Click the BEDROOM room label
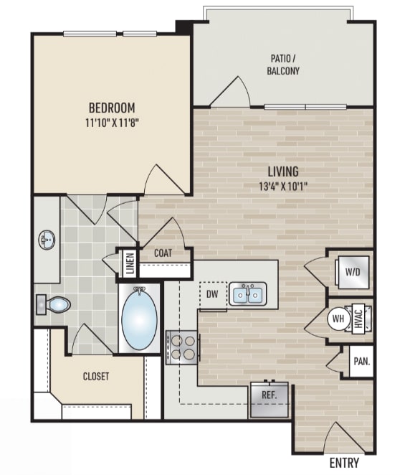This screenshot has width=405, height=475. click(x=112, y=108)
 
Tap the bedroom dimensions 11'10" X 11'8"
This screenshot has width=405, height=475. click(x=112, y=123)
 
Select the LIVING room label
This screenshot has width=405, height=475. click(x=283, y=171)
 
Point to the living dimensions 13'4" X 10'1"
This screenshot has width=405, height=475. click(x=283, y=187)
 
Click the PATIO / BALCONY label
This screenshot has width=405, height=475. click(x=283, y=65)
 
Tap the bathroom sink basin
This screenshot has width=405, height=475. click(x=47, y=240)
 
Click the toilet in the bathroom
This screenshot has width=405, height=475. click(x=54, y=305)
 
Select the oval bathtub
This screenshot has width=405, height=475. click(x=139, y=319)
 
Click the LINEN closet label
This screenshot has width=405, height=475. click(x=130, y=263)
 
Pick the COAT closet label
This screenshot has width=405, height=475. click(x=163, y=253)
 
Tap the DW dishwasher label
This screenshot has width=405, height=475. click(x=212, y=294)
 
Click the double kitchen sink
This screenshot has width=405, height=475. click(x=247, y=293)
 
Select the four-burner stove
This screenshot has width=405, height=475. click(x=181, y=347)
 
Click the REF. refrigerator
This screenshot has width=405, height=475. click(x=270, y=399)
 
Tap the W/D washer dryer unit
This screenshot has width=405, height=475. click(x=353, y=273)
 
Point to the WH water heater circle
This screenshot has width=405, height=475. click(x=338, y=319)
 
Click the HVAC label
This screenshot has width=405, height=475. click(x=358, y=319)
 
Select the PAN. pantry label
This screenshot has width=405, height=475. click(x=362, y=361)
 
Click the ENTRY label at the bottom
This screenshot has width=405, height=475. click(x=344, y=463)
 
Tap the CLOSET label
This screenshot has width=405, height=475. click(x=95, y=376)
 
